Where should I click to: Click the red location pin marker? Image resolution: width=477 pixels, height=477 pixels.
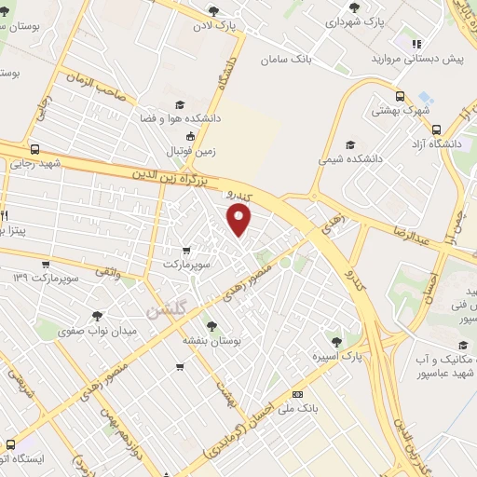point(240,220)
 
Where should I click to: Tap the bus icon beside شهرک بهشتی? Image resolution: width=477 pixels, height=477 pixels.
point(400,96)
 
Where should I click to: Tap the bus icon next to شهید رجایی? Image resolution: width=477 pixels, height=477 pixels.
point(35,149)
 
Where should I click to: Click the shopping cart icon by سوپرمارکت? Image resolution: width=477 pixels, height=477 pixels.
point(187,250)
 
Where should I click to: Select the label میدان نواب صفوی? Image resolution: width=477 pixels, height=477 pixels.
point(97,331)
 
